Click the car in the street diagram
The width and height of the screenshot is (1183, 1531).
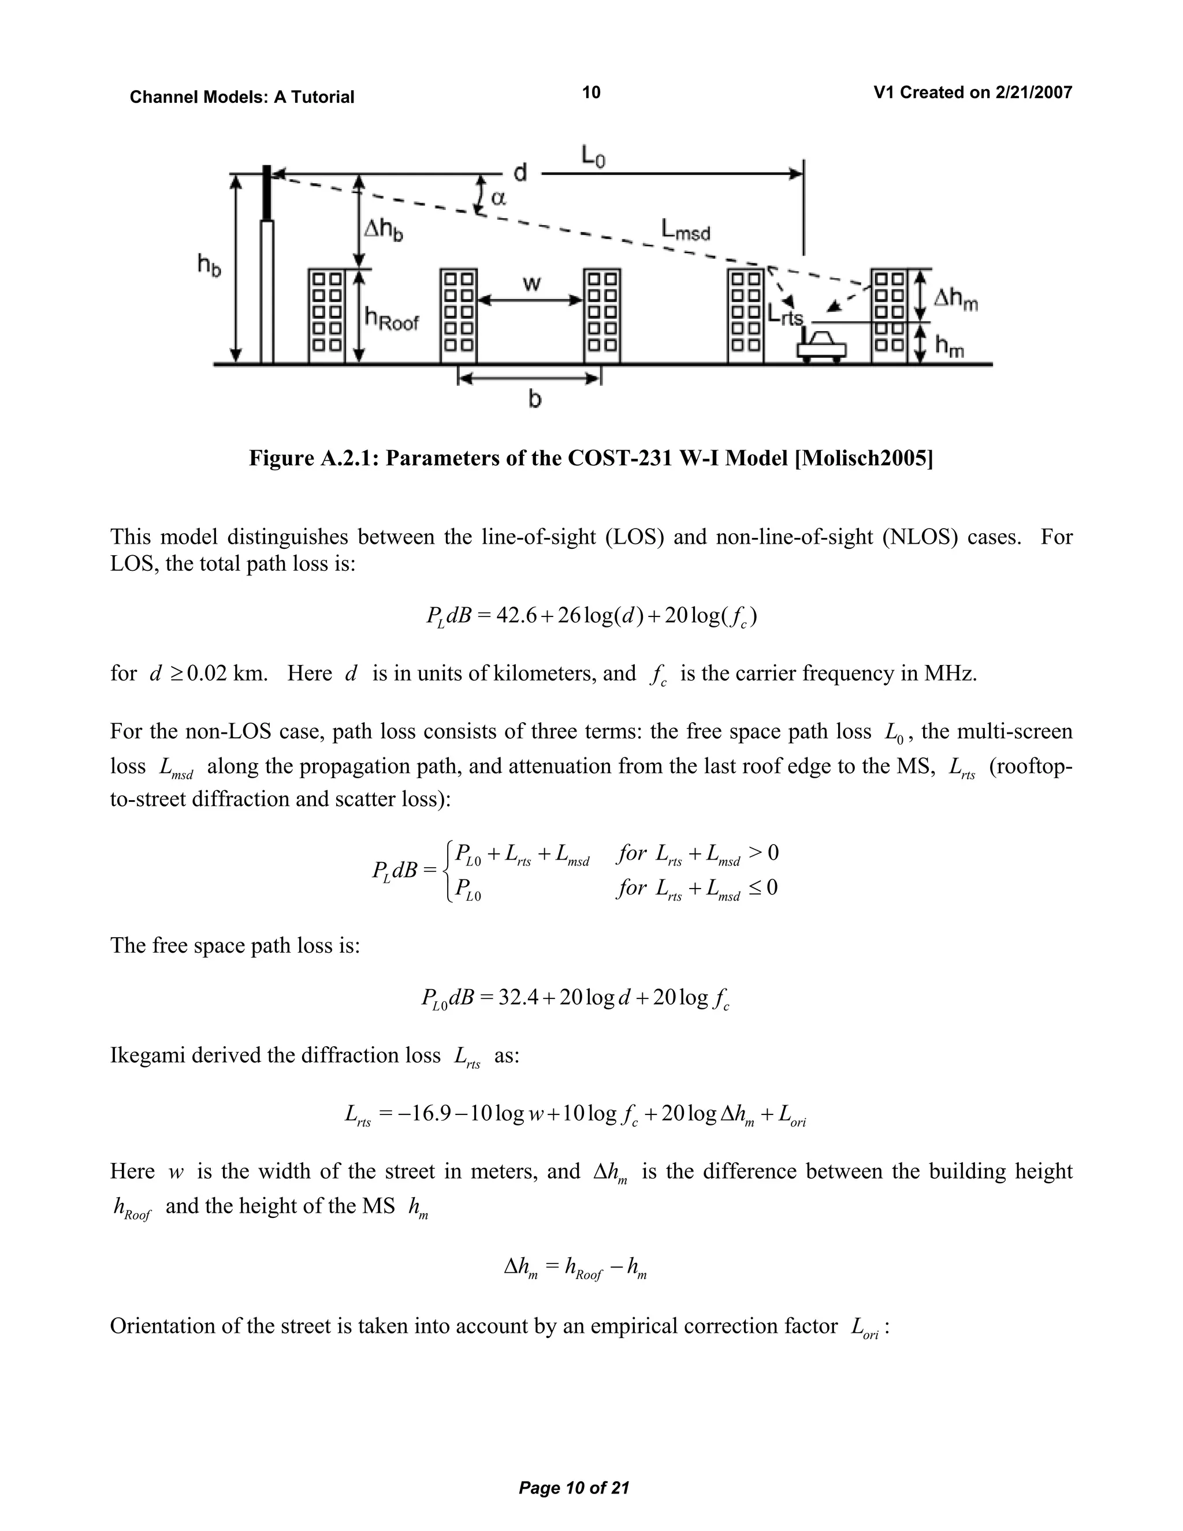click(x=821, y=345)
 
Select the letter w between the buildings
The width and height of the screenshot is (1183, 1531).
click(x=532, y=284)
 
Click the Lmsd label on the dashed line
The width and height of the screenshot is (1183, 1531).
click(x=684, y=230)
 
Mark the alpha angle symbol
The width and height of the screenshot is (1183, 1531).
click(x=499, y=198)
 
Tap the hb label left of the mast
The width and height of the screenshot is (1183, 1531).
click(x=208, y=266)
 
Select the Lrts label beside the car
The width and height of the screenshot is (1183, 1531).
click(x=785, y=315)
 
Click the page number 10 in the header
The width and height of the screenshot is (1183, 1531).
click(x=591, y=92)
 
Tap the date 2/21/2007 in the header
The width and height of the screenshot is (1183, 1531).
click(x=1033, y=92)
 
